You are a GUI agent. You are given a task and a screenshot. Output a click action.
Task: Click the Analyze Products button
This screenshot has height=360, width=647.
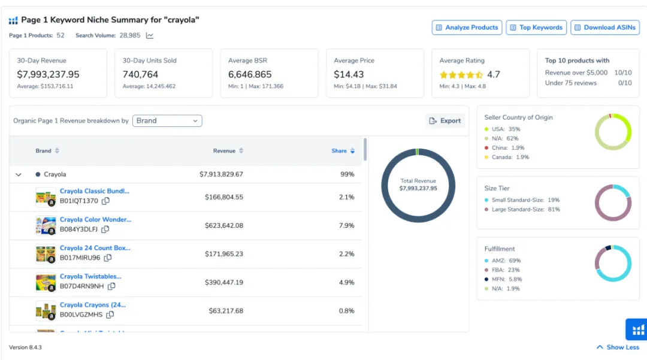click(467, 28)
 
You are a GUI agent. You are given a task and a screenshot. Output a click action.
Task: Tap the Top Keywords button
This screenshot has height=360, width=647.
click(536, 28)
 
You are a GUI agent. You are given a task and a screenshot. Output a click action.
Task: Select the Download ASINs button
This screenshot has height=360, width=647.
click(605, 28)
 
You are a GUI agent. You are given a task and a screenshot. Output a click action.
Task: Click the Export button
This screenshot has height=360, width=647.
click(445, 121)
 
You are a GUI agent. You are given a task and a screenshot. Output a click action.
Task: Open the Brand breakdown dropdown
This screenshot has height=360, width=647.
click(167, 121)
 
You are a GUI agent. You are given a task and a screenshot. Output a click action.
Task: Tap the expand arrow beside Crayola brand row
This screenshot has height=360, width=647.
click(19, 174)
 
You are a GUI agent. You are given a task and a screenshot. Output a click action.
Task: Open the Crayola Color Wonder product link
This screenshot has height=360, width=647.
click(95, 219)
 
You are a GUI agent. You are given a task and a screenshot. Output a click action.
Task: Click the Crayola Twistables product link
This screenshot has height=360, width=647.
click(90, 276)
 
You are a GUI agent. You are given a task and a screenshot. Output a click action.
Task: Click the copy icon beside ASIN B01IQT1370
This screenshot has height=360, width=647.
click(106, 201)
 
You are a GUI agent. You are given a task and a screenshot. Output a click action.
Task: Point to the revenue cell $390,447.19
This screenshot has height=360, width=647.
click(224, 283)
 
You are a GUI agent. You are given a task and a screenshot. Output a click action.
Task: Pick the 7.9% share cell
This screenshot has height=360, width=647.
click(347, 226)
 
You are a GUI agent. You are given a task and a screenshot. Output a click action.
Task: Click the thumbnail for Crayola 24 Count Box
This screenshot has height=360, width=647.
click(46, 254)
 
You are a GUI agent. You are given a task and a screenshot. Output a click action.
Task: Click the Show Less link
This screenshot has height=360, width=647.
click(618, 347)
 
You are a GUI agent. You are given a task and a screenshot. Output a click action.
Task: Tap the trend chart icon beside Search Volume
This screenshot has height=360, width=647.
click(150, 36)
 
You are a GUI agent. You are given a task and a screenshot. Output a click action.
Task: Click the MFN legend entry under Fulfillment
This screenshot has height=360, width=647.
click(503, 279)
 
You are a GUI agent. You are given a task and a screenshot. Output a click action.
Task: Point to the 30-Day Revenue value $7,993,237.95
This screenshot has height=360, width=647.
click(49, 75)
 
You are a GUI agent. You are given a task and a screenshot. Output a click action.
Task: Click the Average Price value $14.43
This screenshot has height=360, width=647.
click(349, 75)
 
